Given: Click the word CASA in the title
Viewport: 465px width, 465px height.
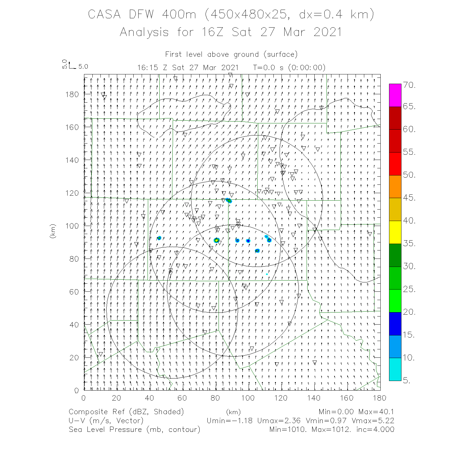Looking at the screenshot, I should [104, 15].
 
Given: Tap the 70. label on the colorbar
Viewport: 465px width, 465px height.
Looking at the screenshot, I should [409, 85].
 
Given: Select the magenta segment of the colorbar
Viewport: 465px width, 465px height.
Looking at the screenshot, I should [395, 95].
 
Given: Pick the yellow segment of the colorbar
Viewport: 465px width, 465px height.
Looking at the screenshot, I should [395, 232].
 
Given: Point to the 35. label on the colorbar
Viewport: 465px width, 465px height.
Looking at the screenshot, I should [409, 244].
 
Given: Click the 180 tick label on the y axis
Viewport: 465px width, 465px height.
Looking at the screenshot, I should [72, 94].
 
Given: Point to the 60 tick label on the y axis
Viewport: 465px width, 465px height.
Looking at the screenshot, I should [74, 292].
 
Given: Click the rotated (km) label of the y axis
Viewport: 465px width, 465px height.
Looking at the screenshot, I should [53, 231].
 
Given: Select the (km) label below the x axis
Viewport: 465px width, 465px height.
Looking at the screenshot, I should [233, 412].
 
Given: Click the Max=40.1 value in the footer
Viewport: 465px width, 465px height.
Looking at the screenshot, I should [376, 412].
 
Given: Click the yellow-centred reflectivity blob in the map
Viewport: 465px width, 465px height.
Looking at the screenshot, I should [216, 240].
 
